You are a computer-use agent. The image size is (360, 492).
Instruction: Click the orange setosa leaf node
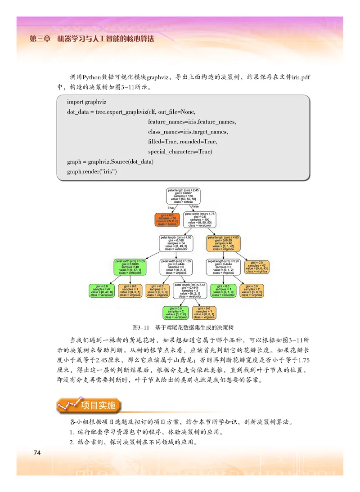pos(167,219)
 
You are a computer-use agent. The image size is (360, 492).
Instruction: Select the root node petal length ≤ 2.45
pos(183,196)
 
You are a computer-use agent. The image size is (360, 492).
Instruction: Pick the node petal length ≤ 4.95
pos(176,243)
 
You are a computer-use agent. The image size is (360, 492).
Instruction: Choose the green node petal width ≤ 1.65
pos(130,267)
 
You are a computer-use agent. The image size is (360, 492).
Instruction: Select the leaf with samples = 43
pos(257,267)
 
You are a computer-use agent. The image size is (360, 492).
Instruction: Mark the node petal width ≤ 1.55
pos(176,267)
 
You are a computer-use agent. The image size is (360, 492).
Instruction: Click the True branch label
pos(171,208)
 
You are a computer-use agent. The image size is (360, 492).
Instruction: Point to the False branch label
pos(195,206)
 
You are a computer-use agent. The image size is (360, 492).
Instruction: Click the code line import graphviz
pos(86,103)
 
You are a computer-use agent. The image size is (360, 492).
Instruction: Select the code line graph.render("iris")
pos(92,171)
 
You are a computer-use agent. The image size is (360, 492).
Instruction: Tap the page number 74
pos(37,452)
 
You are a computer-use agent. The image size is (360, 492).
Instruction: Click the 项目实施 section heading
pos(98,405)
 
